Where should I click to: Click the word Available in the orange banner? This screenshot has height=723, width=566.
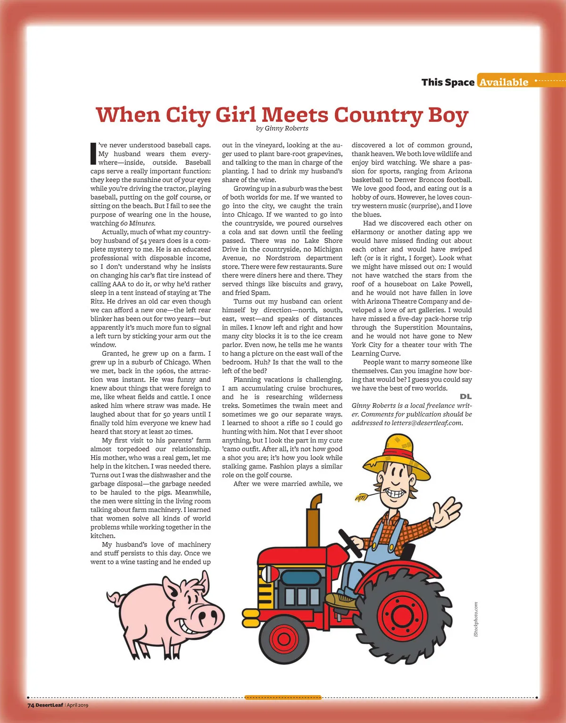point(504,82)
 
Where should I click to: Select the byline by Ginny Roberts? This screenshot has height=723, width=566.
point(282,128)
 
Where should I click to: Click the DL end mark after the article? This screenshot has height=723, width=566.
point(466,397)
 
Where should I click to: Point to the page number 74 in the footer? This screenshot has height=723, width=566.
point(31,706)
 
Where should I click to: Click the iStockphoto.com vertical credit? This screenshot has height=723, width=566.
point(476,619)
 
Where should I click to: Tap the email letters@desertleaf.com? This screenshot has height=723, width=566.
point(427,423)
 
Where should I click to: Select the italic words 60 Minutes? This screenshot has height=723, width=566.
point(137,223)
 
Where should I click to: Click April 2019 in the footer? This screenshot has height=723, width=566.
point(78,706)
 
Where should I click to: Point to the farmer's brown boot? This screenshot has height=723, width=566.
point(341,600)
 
